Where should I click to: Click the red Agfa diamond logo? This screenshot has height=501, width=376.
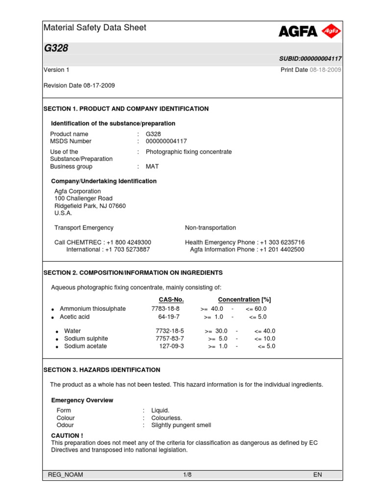click(x=331, y=31)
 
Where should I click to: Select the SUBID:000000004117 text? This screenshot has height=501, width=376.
click(x=310, y=59)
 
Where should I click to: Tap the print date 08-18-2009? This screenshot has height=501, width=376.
click(x=326, y=70)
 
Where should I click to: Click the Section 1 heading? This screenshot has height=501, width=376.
click(x=126, y=109)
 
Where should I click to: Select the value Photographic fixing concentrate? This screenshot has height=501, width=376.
click(x=188, y=152)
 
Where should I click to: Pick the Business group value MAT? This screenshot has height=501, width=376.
click(x=152, y=166)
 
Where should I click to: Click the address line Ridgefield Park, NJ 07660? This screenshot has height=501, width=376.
click(x=90, y=206)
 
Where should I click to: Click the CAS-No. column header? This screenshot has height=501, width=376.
click(x=171, y=299)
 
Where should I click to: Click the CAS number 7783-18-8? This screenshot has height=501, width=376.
click(x=165, y=309)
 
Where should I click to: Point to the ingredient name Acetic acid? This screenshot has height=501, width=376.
click(x=74, y=317)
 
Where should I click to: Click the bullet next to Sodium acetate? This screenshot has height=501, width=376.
click(x=57, y=347)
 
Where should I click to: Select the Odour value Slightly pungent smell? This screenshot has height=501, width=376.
click(x=181, y=425)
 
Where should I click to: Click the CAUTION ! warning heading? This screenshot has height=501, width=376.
click(x=67, y=435)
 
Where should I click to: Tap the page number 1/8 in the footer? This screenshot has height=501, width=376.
click(x=188, y=475)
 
